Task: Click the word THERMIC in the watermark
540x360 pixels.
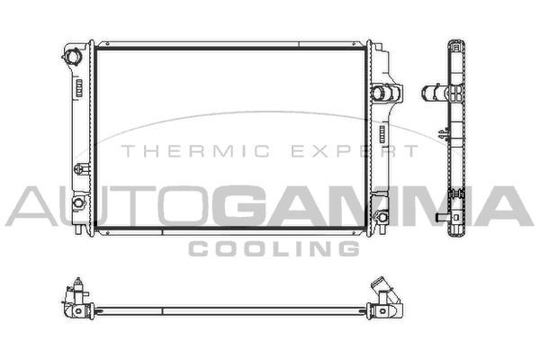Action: tap(195, 151)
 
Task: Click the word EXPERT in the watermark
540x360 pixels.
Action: tap(355, 151)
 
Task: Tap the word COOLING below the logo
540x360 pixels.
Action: tap(274, 248)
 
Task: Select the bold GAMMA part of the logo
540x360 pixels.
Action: tap(372, 206)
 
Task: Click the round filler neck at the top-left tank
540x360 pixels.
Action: tap(72, 56)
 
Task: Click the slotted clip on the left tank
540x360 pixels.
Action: tap(79, 88)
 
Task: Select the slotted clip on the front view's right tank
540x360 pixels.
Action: tap(382, 134)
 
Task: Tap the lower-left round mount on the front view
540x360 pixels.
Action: tap(79, 202)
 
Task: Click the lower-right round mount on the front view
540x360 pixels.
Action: tap(382, 217)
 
